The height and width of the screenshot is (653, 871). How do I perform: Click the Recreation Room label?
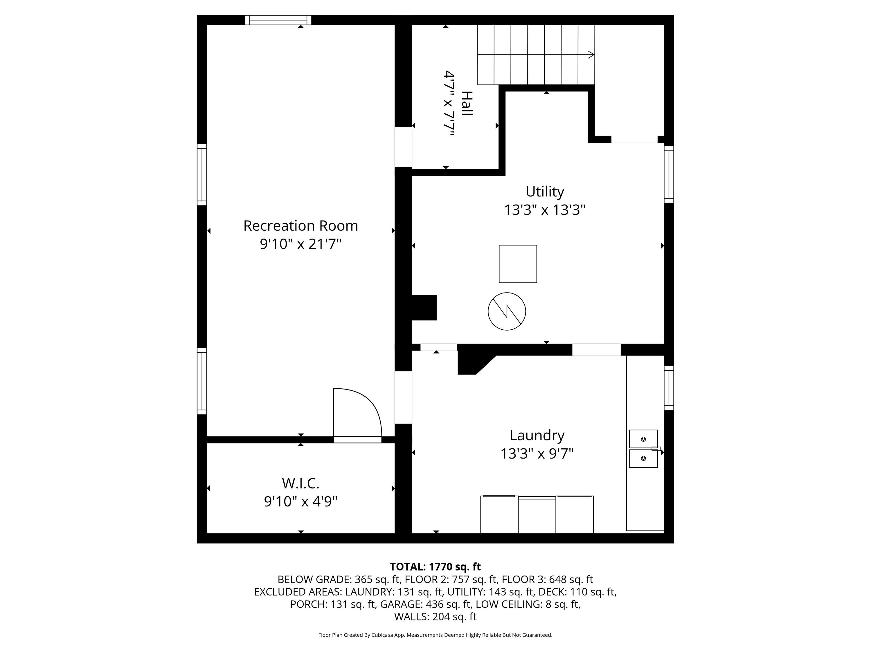(300, 226)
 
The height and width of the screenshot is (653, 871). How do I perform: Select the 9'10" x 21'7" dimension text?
(300, 244)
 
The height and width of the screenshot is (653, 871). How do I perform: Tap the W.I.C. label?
(300, 483)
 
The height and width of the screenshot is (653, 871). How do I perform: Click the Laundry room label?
(537, 436)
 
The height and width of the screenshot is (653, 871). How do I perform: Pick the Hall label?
(467, 103)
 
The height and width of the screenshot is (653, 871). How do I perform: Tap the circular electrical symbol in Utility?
(507, 311)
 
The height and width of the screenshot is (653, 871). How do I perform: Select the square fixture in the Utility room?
(518, 264)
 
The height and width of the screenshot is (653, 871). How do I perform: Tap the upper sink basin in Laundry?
(643, 439)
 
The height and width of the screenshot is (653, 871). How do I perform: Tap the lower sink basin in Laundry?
(643, 459)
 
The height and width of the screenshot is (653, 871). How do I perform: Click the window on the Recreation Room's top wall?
(278, 20)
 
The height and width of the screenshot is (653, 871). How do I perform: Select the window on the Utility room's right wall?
(669, 174)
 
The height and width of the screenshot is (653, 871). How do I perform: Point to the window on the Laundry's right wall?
(669, 388)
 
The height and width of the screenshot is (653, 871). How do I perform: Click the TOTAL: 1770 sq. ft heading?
(435, 567)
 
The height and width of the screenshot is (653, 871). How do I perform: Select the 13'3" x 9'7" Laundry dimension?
(537, 454)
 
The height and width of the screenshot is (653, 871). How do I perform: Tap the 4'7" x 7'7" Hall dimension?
(449, 103)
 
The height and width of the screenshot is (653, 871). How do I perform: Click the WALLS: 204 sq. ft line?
(435, 617)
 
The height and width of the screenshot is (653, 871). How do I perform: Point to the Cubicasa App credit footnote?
(435, 635)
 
